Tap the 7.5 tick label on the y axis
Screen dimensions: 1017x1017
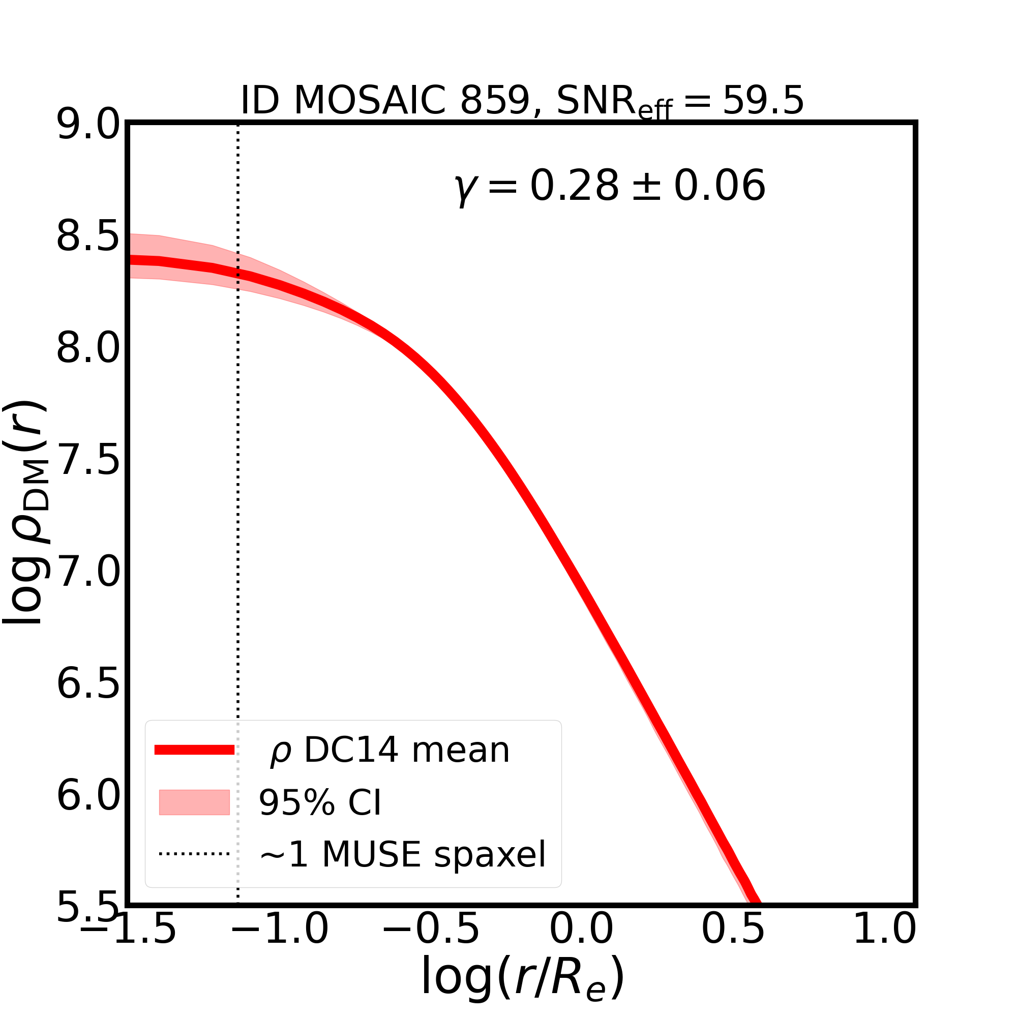pyautogui.click(x=88, y=461)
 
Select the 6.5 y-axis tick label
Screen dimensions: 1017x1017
pyautogui.click(x=88, y=685)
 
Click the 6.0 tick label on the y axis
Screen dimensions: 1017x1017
pyautogui.click(x=88, y=796)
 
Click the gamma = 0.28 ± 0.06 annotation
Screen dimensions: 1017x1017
pyautogui.click(x=610, y=186)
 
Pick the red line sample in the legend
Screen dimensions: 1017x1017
pyautogui.click(x=194, y=750)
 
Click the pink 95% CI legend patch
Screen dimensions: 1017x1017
pyautogui.click(x=194, y=802)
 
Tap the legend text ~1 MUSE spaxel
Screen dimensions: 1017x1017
pyautogui.click(x=402, y=854)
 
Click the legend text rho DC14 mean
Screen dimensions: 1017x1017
pyautogui.click(x=390, y=750)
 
